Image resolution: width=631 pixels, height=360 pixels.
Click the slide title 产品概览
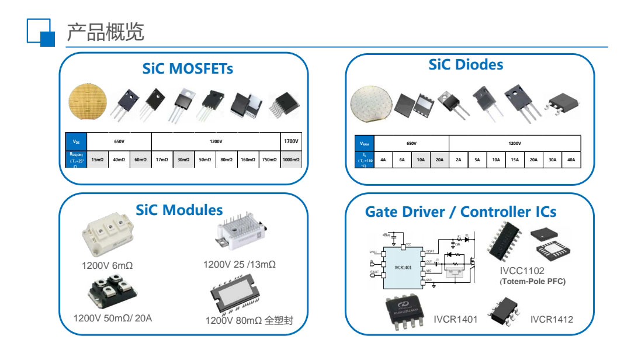click(x=105, y=32)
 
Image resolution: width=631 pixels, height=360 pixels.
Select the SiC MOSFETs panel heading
click(x=188, y=69)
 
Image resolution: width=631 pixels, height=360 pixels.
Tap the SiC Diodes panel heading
click(x=466, y=64)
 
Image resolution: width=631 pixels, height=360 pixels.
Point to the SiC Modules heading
click(x=179, y=210)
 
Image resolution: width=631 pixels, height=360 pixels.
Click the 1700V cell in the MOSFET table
click(x=291, y=142)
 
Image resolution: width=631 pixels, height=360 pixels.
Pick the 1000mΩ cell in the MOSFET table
click(x=291, y=160)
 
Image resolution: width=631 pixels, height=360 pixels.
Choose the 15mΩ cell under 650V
click(x=98, y=160)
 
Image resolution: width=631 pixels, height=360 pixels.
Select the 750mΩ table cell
click(x=269, y=160)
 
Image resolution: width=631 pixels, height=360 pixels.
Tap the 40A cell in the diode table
click(x=571, y=160)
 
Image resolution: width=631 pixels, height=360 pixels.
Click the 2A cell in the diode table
click(x=459, y=160)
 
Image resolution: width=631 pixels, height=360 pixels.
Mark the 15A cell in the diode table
click(x=515, y=160)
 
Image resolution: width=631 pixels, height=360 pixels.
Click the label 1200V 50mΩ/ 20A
click(x=113, y=318)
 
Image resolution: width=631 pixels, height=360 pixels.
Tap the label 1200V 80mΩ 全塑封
click(x=256, y=321)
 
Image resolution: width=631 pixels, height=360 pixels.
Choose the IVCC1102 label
click(x=522, y=271)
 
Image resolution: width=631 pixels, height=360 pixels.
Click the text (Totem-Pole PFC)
click(x=532, y=282)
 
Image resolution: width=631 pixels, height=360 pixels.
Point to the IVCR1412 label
click(x=552, y=319)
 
